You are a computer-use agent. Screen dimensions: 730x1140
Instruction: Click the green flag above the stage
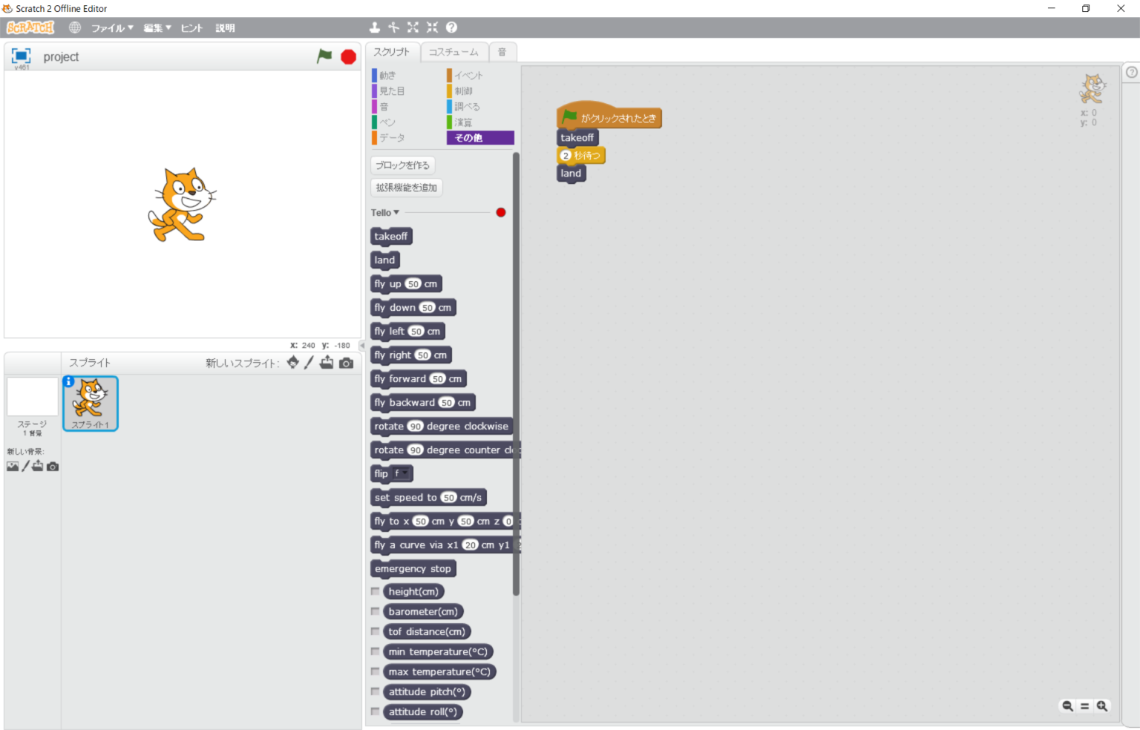pyautogui.click(x=324, y=56)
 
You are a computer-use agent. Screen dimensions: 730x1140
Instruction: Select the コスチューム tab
pyautogui.click(x=453, y=52)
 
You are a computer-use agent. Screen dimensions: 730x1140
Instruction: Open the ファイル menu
pyautogui.click(x=111, y=28)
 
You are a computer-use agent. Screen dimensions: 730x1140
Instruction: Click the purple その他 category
pyautogui.click(x=479, y=138)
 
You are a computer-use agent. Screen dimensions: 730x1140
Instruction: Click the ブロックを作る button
pyautogui.click(x=402, y=165)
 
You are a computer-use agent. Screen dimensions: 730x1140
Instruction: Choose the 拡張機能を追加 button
pyautogui.click(x=406, y=188)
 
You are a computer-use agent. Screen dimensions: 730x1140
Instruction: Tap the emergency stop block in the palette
pyautogui.click(x=413, y=569)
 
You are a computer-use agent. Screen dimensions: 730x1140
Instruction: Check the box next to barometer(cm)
pyautogui.click(x=376, y=612)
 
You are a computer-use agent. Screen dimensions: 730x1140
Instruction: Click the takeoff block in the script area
pyautogui.click(x=577, y=138)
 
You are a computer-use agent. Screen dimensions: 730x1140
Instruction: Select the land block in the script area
pyautogui.click(x=571, y=174)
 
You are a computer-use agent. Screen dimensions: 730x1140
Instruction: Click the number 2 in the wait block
pyautogui.click(x=566, y=156)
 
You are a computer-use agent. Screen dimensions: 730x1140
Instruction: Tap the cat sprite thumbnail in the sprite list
pyautogui.click(x=91, y=401)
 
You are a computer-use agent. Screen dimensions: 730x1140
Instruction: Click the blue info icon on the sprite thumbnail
pyautogui.click(x=68, y=381)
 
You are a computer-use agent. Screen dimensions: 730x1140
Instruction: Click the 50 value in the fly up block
pyautogui.click(x=413, y=284)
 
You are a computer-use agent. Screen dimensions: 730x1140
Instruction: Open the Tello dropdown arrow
pyautogui.click(x=396, y=213)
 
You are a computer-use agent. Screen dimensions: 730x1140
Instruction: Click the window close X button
pyautogui.click(x=1121, y=9)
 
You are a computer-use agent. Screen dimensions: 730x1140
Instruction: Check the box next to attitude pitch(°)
pyautogui.click(x=376, y=692)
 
